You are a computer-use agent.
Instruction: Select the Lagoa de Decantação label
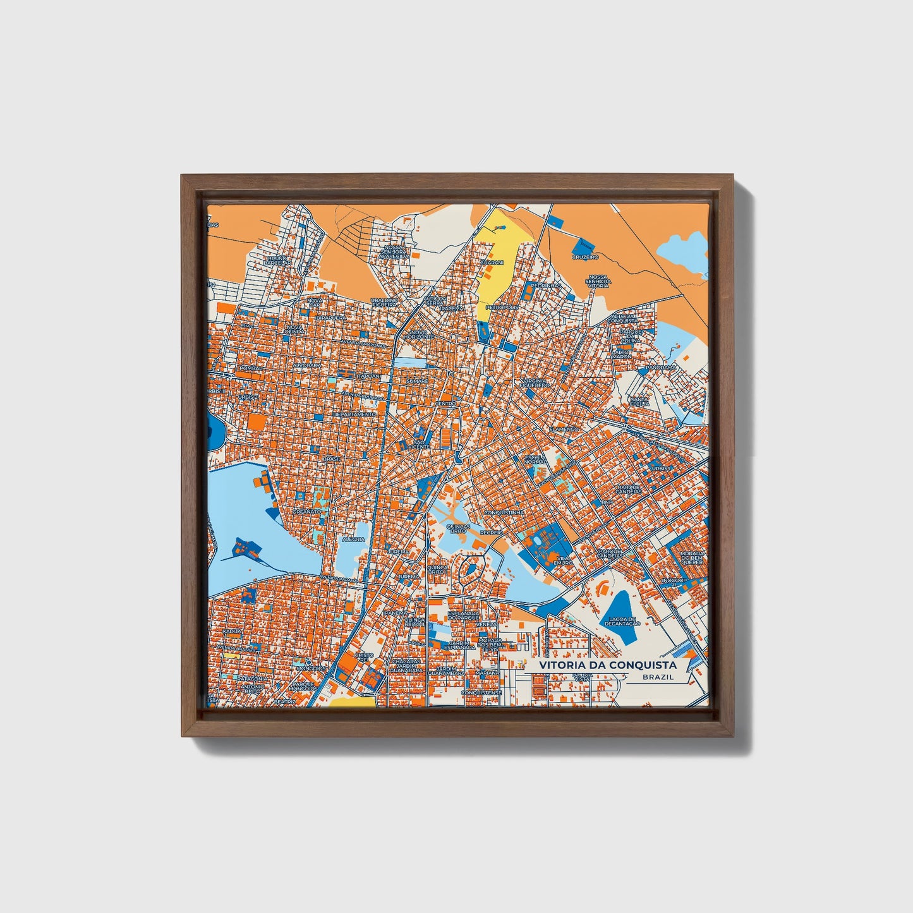622,620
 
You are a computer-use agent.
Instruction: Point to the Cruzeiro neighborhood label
584,257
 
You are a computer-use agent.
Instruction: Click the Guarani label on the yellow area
492,262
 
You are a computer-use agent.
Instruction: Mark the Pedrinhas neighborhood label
545,286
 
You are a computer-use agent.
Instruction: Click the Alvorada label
308,365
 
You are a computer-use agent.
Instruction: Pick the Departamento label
354,414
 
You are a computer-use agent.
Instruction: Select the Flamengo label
564,429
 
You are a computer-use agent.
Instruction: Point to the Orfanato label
306,512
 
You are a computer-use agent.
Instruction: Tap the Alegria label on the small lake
353,540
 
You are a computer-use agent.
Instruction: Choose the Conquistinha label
503,512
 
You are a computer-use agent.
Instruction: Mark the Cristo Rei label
364,658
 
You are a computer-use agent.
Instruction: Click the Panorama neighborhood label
661,367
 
